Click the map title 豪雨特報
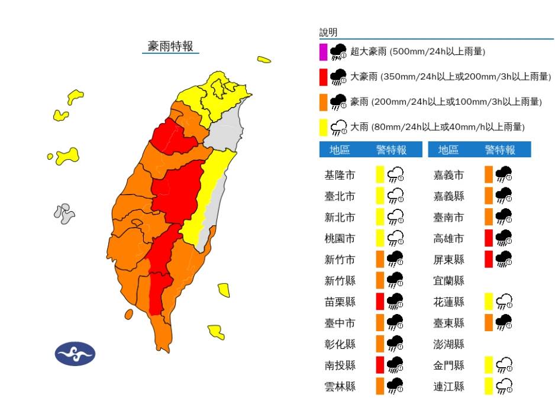click(x=170, y=46)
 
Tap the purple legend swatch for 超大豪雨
click(x=323, y=52)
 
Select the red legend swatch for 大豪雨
click(x=323, y=77)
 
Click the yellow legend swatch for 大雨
click(x=323, y=127)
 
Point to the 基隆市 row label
click(x=340, y=175)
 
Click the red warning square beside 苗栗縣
click(x=380, y=302)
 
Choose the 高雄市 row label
click(x=448, y=238)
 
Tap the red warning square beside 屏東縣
click(x=489, y=259)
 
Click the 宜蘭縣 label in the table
click(x=448, y=281)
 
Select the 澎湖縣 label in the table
click(x=448, y=344)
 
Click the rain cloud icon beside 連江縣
click(x=505, y=387)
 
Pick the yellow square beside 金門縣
click(x=489, y=365)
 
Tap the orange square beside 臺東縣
click(x=489, y=323)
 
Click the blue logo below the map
click(x=75, y=354)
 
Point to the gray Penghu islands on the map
click(x=63, y=213)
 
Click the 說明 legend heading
click(x=328, y=32)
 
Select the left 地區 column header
click(x=340, y=150)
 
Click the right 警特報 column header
click(x=499, y=150)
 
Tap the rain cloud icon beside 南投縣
click(x=395, y=365)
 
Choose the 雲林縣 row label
click(x=340, y=387)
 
